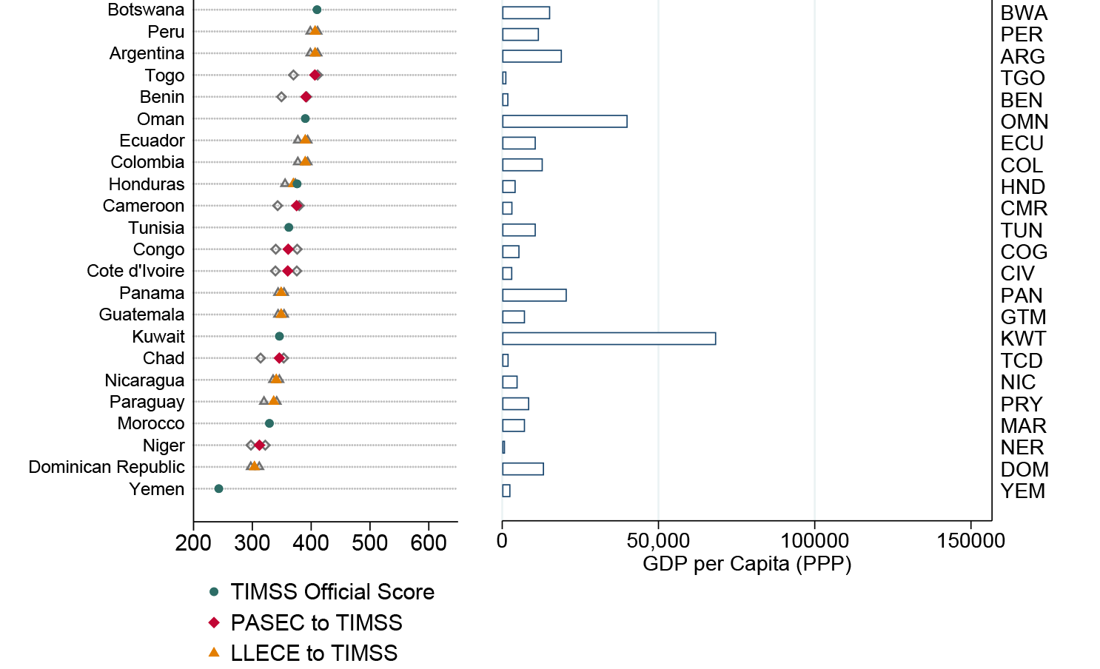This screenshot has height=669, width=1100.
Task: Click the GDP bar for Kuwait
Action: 608,339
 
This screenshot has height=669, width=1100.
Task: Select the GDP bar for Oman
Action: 564,121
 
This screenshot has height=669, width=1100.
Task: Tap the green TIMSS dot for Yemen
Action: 218,489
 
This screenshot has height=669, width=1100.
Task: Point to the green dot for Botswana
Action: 317,10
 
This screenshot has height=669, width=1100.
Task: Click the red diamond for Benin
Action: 306,97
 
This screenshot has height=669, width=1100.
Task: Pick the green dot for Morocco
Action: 269,423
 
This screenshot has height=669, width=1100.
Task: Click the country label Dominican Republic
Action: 107,468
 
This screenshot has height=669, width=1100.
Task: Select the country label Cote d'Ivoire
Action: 135,272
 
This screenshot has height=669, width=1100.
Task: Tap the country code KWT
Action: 1023,339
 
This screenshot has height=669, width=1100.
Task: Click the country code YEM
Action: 1022,491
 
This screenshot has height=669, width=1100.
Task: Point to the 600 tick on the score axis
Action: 429,543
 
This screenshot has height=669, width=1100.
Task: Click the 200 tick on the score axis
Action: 193,543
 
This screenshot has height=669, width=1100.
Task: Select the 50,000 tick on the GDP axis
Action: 658,541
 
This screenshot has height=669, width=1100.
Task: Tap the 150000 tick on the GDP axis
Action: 970,541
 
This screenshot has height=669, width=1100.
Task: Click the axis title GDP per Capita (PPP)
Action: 747,564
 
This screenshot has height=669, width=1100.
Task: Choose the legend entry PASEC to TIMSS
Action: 316,623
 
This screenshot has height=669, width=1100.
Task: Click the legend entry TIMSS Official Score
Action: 332,592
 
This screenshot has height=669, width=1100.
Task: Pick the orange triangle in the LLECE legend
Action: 214,653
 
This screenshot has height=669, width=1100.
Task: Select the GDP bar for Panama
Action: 534,295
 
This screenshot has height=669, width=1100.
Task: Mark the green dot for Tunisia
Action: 289,228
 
